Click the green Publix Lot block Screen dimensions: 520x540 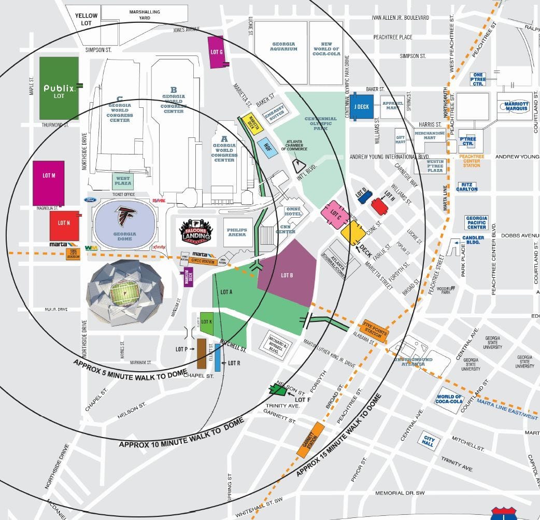59,88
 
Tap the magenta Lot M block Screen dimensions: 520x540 48,183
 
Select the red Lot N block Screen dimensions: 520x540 64,226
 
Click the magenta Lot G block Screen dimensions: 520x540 216,52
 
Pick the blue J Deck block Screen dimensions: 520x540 361,107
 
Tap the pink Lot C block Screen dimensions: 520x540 334,215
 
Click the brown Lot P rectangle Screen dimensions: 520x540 202,354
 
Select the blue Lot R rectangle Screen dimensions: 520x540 218,357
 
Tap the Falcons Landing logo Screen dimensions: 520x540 196,232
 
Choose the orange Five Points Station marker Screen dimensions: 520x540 375,330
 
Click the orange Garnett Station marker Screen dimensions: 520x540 310,440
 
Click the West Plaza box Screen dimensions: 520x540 123,181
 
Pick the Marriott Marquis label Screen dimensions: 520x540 514,106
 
